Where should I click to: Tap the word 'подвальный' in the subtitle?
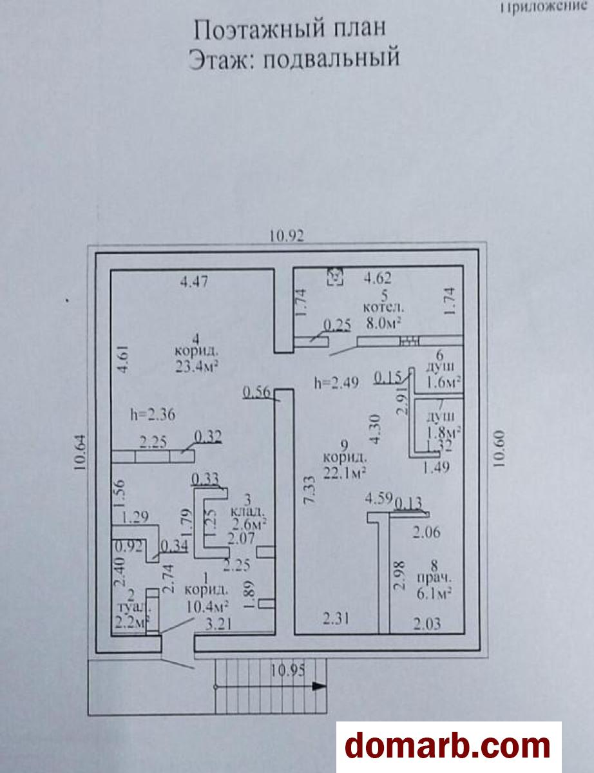[x=332, y=59]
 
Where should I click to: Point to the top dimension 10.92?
[x=287, y=236]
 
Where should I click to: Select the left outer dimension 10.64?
[x=81, y=453]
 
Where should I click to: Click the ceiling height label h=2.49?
[x=332, y=382]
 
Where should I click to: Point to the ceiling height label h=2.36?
[x=152, y=414]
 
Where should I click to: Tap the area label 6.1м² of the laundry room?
[x=433, y=593]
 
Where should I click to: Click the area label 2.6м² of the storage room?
[x=249, y=526]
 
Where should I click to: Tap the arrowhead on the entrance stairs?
[x=318, y=686]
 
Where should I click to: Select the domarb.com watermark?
[x=448, y=746]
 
